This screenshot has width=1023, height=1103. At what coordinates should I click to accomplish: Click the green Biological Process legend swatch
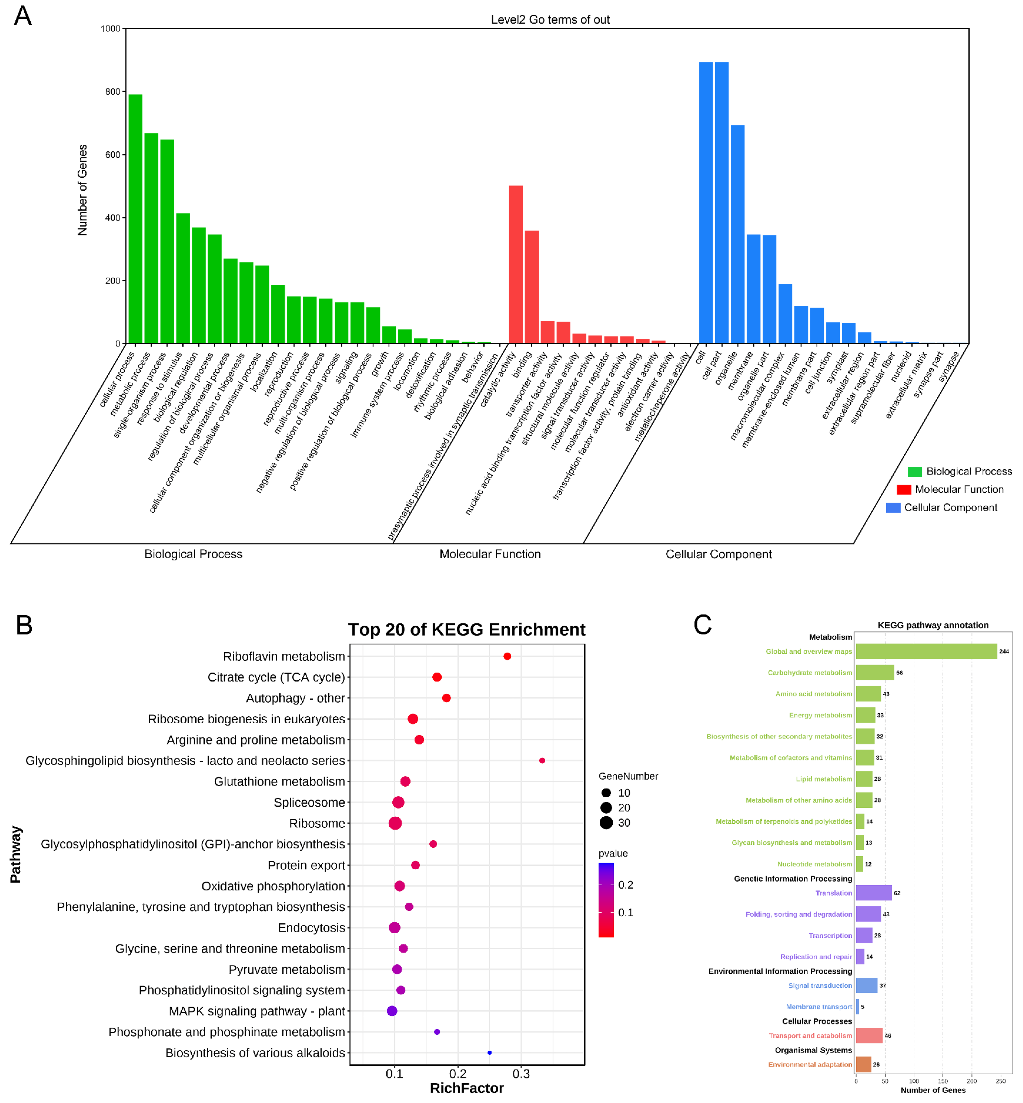tap(914, 472)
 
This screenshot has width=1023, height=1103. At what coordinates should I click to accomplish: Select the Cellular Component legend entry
tap(950, 507)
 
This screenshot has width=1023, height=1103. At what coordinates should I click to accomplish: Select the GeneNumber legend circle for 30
tap(606, 822)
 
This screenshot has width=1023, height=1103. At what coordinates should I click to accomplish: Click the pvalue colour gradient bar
tap(606, 899)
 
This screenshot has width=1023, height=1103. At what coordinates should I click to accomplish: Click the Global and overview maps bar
tap(926, 652)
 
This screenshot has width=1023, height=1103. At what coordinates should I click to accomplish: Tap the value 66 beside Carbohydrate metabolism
tap(899, 673)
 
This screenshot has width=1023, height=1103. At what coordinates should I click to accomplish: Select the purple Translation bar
tap(874, 893)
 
